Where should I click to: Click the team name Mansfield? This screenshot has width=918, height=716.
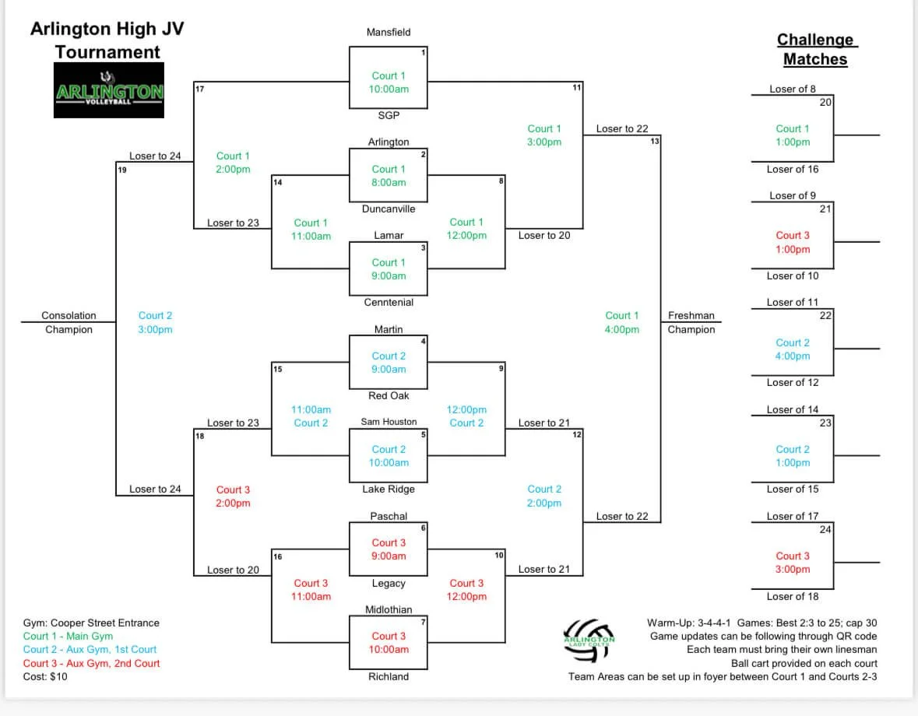(x=389, y=33)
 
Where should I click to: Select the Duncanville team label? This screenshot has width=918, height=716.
(x=389, y=209)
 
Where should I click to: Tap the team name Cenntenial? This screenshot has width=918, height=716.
(x=389, y=303)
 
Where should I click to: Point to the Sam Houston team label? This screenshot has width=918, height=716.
(x=389, y=422)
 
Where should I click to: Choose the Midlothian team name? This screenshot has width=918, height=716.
(x=389, y=610)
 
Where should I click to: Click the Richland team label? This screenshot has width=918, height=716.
(x=389, y=677)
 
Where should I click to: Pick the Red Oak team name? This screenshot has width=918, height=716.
(x=389, y=396)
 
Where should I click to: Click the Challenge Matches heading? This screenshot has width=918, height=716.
(x=814, y=49)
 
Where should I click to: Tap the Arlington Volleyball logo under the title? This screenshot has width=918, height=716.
(x=109, y=90)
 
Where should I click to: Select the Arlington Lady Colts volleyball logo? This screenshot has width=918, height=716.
(x=589, y=637)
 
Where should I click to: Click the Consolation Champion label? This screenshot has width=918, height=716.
(x=69, y=322)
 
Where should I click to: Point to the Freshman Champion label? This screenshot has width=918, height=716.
(x=691, y=322)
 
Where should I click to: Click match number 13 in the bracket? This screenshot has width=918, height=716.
(x=655, y=141)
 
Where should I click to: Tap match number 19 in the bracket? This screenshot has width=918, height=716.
(x=122, y=169)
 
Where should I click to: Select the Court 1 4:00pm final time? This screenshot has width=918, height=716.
(x=622, y=322)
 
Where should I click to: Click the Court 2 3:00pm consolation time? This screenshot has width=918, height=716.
(x=155, y=322)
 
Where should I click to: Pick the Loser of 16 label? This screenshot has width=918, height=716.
(x=793, y=170)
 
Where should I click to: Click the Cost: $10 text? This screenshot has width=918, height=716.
(x=45, y=677)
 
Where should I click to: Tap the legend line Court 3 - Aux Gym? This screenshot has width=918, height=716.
(x=91, y=664)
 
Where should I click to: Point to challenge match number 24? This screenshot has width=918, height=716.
(x=825, y=530)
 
